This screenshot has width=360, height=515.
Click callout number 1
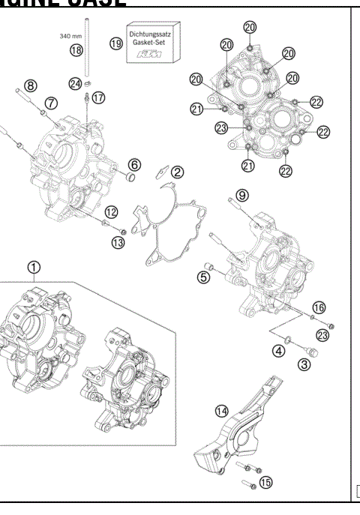tap(33, 266)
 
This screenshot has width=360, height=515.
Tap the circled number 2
tap(177, 172)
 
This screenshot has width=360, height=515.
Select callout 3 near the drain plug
tap(304, 364)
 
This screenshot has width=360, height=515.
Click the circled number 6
tap(134, 164)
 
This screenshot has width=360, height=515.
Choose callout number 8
tap(30, 84)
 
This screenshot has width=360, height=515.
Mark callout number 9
tap(241, 195)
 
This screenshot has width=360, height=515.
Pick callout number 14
tap(220, 410)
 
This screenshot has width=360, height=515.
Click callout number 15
tap(265, 482)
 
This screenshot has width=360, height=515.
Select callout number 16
tap(319, 307)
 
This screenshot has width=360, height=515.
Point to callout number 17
tap(99, 97)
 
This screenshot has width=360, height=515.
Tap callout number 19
tap(115, 44)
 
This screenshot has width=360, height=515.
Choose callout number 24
tap(75, 83)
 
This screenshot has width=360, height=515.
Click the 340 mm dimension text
tap(70, 34)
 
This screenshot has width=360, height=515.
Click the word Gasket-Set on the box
tap(153, 43)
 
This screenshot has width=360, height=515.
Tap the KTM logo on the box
tap(153, 55)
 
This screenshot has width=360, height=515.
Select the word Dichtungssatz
tap(153, 33)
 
